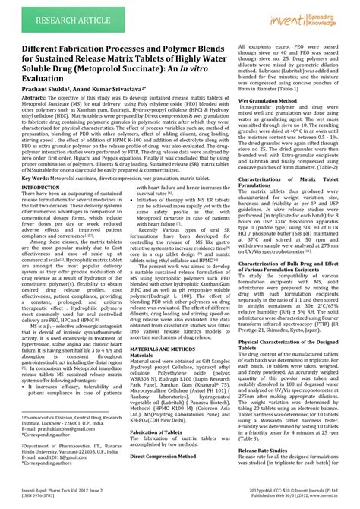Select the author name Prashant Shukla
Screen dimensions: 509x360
[x=35, y=89]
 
